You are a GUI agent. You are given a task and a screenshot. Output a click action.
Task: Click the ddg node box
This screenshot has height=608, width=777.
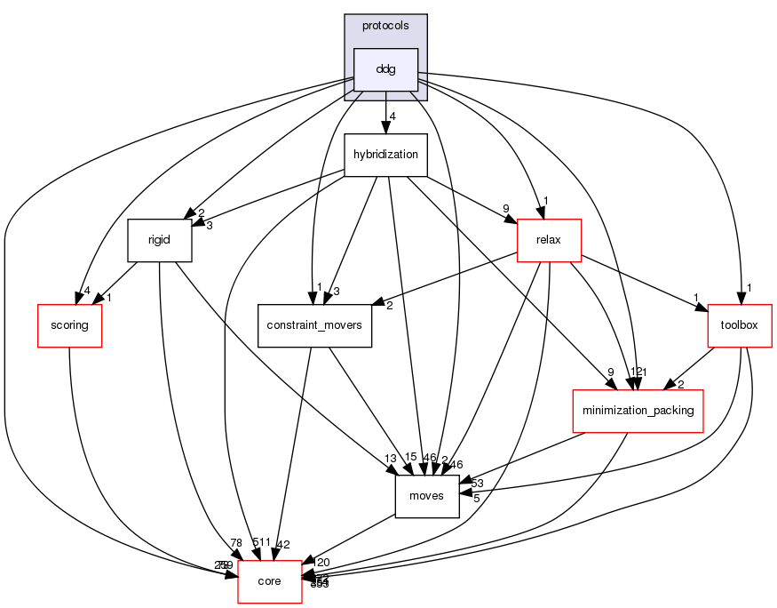point(385,69)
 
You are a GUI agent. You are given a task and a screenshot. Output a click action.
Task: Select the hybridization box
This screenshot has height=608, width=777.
point(385,155)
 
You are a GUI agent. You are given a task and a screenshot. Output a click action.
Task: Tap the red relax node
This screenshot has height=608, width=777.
point(550,239)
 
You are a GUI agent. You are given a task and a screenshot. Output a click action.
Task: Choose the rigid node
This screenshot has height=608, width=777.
point(160,240)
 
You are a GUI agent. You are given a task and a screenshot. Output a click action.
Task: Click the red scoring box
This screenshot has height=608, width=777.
point(69,324)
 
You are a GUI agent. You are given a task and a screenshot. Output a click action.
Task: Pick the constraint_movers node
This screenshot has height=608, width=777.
point(314,325)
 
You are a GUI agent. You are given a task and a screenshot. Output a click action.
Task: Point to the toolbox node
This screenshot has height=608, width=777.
point(739,324)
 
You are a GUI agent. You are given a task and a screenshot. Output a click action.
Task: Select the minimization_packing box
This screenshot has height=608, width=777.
point(638,411)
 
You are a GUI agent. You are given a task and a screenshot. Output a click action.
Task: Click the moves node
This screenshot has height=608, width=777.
point(426,496)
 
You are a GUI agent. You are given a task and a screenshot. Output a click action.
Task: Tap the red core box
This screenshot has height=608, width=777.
point(269,581)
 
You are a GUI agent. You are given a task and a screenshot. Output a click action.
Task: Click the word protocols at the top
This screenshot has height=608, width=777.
point(385,26)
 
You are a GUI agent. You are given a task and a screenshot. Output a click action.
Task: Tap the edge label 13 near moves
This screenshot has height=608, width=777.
point(390,459)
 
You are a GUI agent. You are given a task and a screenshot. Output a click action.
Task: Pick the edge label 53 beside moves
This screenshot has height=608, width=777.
point(476,483)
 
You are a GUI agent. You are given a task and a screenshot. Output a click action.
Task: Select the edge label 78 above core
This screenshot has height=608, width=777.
point(235,543)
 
